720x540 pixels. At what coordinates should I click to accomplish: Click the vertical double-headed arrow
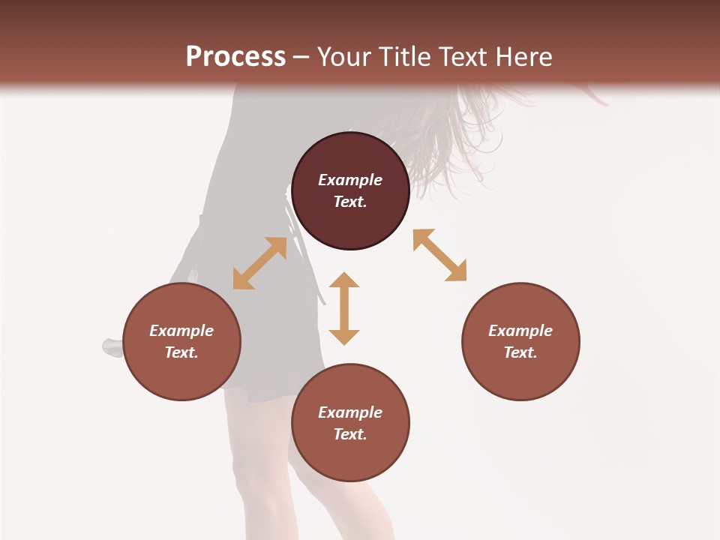pos(344,308)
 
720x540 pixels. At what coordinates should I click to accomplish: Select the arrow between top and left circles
pos(259,263)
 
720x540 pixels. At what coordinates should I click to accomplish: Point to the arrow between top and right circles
pos(439,255)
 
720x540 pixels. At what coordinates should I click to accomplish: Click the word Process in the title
pos(235,57)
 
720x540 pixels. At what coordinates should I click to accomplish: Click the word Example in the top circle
pos(350,180)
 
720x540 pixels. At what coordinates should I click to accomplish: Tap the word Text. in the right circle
pos(520,352)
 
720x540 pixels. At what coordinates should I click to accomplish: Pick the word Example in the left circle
pos(181,331)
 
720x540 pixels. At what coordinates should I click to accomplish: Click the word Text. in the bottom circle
pos(350,434)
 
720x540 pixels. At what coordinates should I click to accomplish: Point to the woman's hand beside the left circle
pos(112,347)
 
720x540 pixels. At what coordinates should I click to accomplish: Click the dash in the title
pos(301,57)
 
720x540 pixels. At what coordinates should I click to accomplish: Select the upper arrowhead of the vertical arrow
pos(344,281)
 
